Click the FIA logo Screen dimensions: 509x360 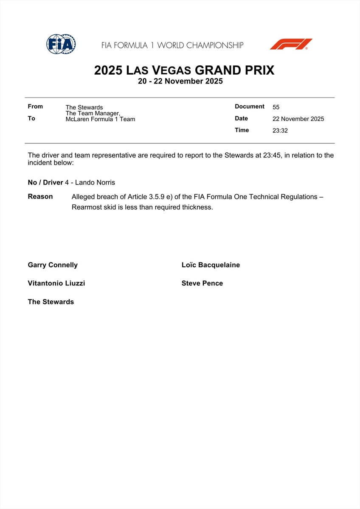[x=61, y=44]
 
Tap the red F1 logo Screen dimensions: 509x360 [x=291, y=44]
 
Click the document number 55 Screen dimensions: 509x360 [x=276, y=107]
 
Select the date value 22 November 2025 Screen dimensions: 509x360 [x=298, y=119]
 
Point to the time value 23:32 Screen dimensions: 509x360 [x=280, y=131]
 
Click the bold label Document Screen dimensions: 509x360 [x=249, y=106]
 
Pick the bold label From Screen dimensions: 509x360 [x=35, y=106]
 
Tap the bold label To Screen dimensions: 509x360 [x=31, y=118]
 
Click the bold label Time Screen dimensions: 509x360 [x=242, y=130]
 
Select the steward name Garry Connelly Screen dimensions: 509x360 [x=53, y=265]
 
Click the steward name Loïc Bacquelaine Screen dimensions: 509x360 [x=210, y=265]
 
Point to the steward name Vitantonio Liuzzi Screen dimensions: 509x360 [x=56, y=283]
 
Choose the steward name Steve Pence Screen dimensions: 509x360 [x=202, y=283]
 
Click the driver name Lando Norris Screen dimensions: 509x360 [x=95, y=183]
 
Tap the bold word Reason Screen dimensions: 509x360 [x=40, y=196]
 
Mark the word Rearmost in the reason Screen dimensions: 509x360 [x=87, y=207]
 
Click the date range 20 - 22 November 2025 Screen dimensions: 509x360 [x=180, y=81]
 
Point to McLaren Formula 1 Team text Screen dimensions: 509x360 [x=100, y=119]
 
